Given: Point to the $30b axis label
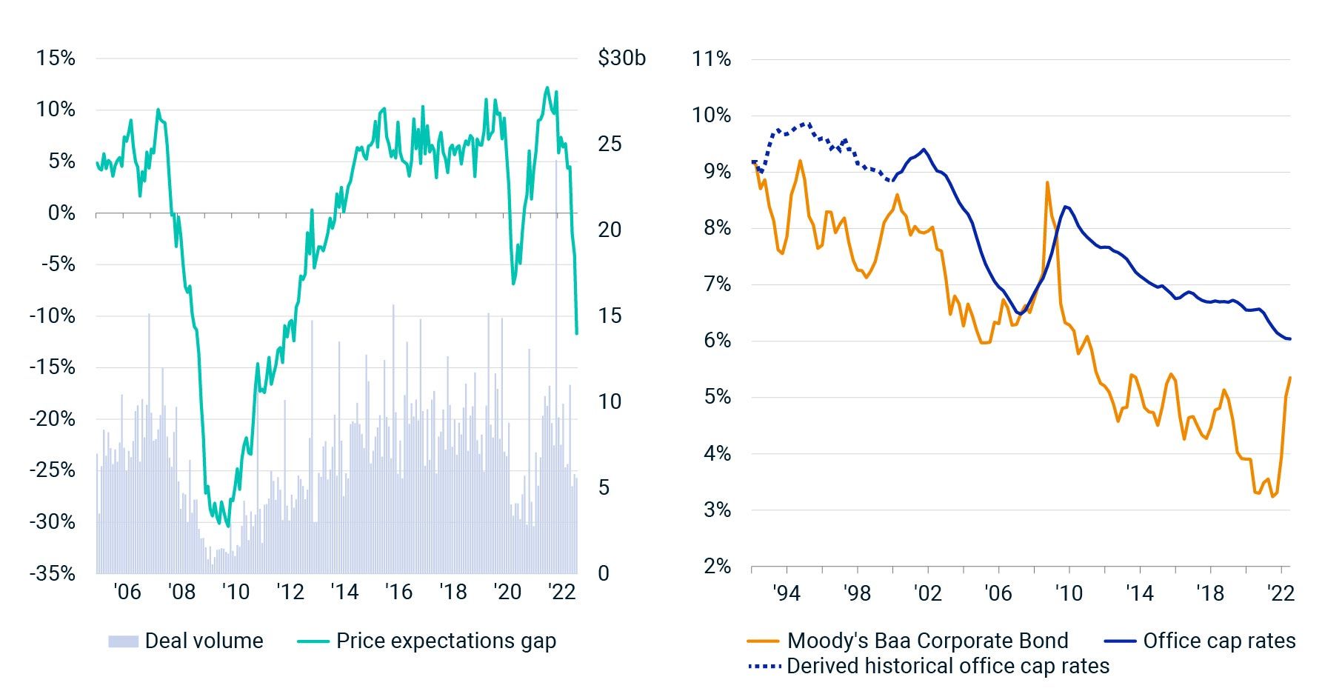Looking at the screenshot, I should [621, 58].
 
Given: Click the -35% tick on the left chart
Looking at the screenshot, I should [53, 573].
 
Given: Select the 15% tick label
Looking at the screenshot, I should [56, 58].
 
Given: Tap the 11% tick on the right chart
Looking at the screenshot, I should [711, 59].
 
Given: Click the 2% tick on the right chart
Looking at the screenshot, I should [716, 567].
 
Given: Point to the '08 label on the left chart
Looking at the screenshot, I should [181, 592].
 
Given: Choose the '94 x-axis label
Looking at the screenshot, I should [786, 593].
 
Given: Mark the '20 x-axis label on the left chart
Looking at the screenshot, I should [507, 592].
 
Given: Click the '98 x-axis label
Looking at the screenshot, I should [857, 593].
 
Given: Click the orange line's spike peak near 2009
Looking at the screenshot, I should [1047, 182].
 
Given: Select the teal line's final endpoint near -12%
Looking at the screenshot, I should [577, 333].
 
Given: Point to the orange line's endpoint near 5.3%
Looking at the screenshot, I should [1290, 378].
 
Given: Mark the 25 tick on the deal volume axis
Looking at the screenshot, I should [610, 144].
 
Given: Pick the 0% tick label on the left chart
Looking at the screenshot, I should [61, 213].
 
